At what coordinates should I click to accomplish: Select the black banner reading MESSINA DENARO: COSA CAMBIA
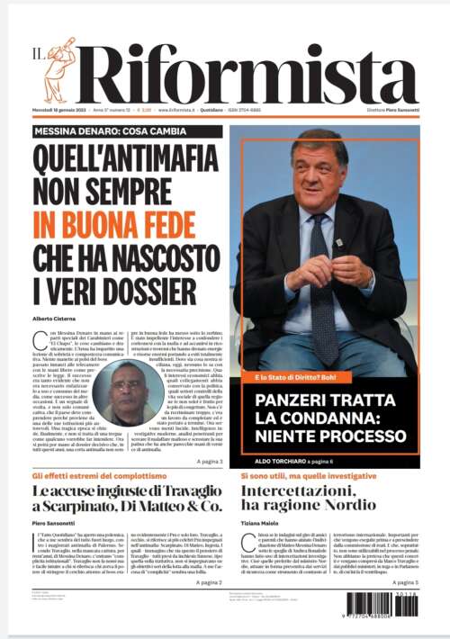pyautogui.click(x=120, y=131)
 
